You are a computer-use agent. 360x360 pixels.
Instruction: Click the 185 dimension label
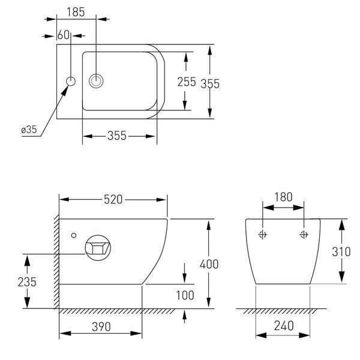[76, 12]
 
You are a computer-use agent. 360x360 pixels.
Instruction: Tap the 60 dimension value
[64, 35]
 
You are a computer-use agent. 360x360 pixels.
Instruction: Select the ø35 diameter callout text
[29, 130]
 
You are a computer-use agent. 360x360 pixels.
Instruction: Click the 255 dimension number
[187, 82]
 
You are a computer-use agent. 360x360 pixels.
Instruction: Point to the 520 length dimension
[113, 200]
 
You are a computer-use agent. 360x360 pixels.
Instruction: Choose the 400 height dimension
[209, 264]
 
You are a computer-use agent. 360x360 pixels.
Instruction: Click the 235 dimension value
[27, 282]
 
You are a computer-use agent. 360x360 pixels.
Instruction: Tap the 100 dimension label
[185, 295]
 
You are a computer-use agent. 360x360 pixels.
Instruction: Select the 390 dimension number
[101, 327]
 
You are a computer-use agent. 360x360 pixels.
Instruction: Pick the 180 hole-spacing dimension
[284, 197]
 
